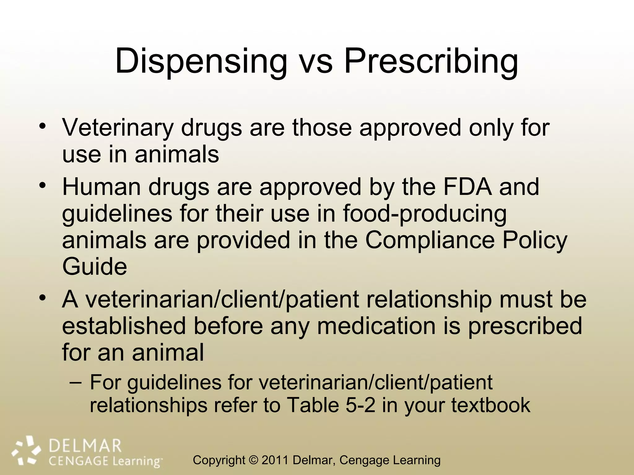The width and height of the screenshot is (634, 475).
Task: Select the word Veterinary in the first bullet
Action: point(118,128)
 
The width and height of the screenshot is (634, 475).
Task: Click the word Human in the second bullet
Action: point(102,187)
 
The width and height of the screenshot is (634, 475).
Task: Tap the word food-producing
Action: point(425,214)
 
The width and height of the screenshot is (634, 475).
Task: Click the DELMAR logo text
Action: point(85,446)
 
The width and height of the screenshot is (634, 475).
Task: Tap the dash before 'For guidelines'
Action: point(76,382)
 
